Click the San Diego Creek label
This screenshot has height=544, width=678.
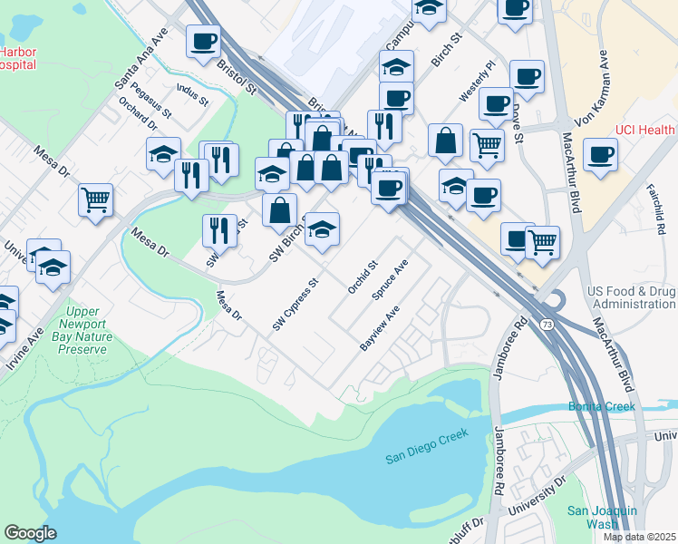click(425, 442)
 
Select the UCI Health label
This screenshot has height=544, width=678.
click(644, 130)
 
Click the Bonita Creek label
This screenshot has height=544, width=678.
click(602, 406)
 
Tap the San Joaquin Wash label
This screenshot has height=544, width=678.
click(605, 517)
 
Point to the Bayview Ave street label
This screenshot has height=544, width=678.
click(380, 330)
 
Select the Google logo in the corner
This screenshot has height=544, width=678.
click(30, 533)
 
